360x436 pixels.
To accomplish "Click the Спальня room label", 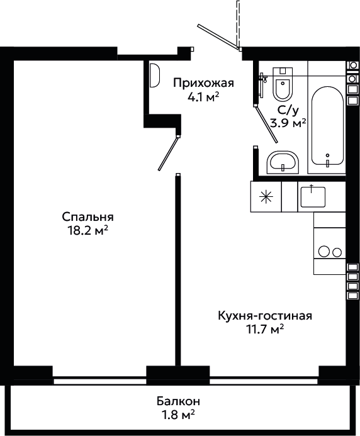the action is point(87,217).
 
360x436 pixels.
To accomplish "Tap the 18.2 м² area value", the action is point(88,230).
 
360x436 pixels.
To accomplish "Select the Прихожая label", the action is point(203,83).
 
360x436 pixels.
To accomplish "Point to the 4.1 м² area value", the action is point(203,97).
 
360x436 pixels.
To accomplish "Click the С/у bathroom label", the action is point(288,111).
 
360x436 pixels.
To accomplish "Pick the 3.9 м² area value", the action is point(288,123).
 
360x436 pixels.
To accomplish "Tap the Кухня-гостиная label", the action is point(265,316).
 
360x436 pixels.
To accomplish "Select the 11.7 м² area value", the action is point(265,329).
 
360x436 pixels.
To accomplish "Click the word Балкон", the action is point(178,401).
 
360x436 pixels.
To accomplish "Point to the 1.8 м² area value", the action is point(178,415).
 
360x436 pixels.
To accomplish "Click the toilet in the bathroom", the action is point(283,84).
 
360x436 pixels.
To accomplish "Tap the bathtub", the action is point(327,126).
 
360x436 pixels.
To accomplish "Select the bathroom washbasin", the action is point(283,162).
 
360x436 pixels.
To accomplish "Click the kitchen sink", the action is point(313,197).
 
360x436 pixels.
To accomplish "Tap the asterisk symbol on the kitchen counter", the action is point(266,197).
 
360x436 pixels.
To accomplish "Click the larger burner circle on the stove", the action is point(324,252).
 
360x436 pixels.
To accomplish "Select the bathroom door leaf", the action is point(266,125).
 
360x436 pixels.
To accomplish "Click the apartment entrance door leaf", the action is point(218,37).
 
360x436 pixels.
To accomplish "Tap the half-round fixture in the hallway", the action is point(155,75).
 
